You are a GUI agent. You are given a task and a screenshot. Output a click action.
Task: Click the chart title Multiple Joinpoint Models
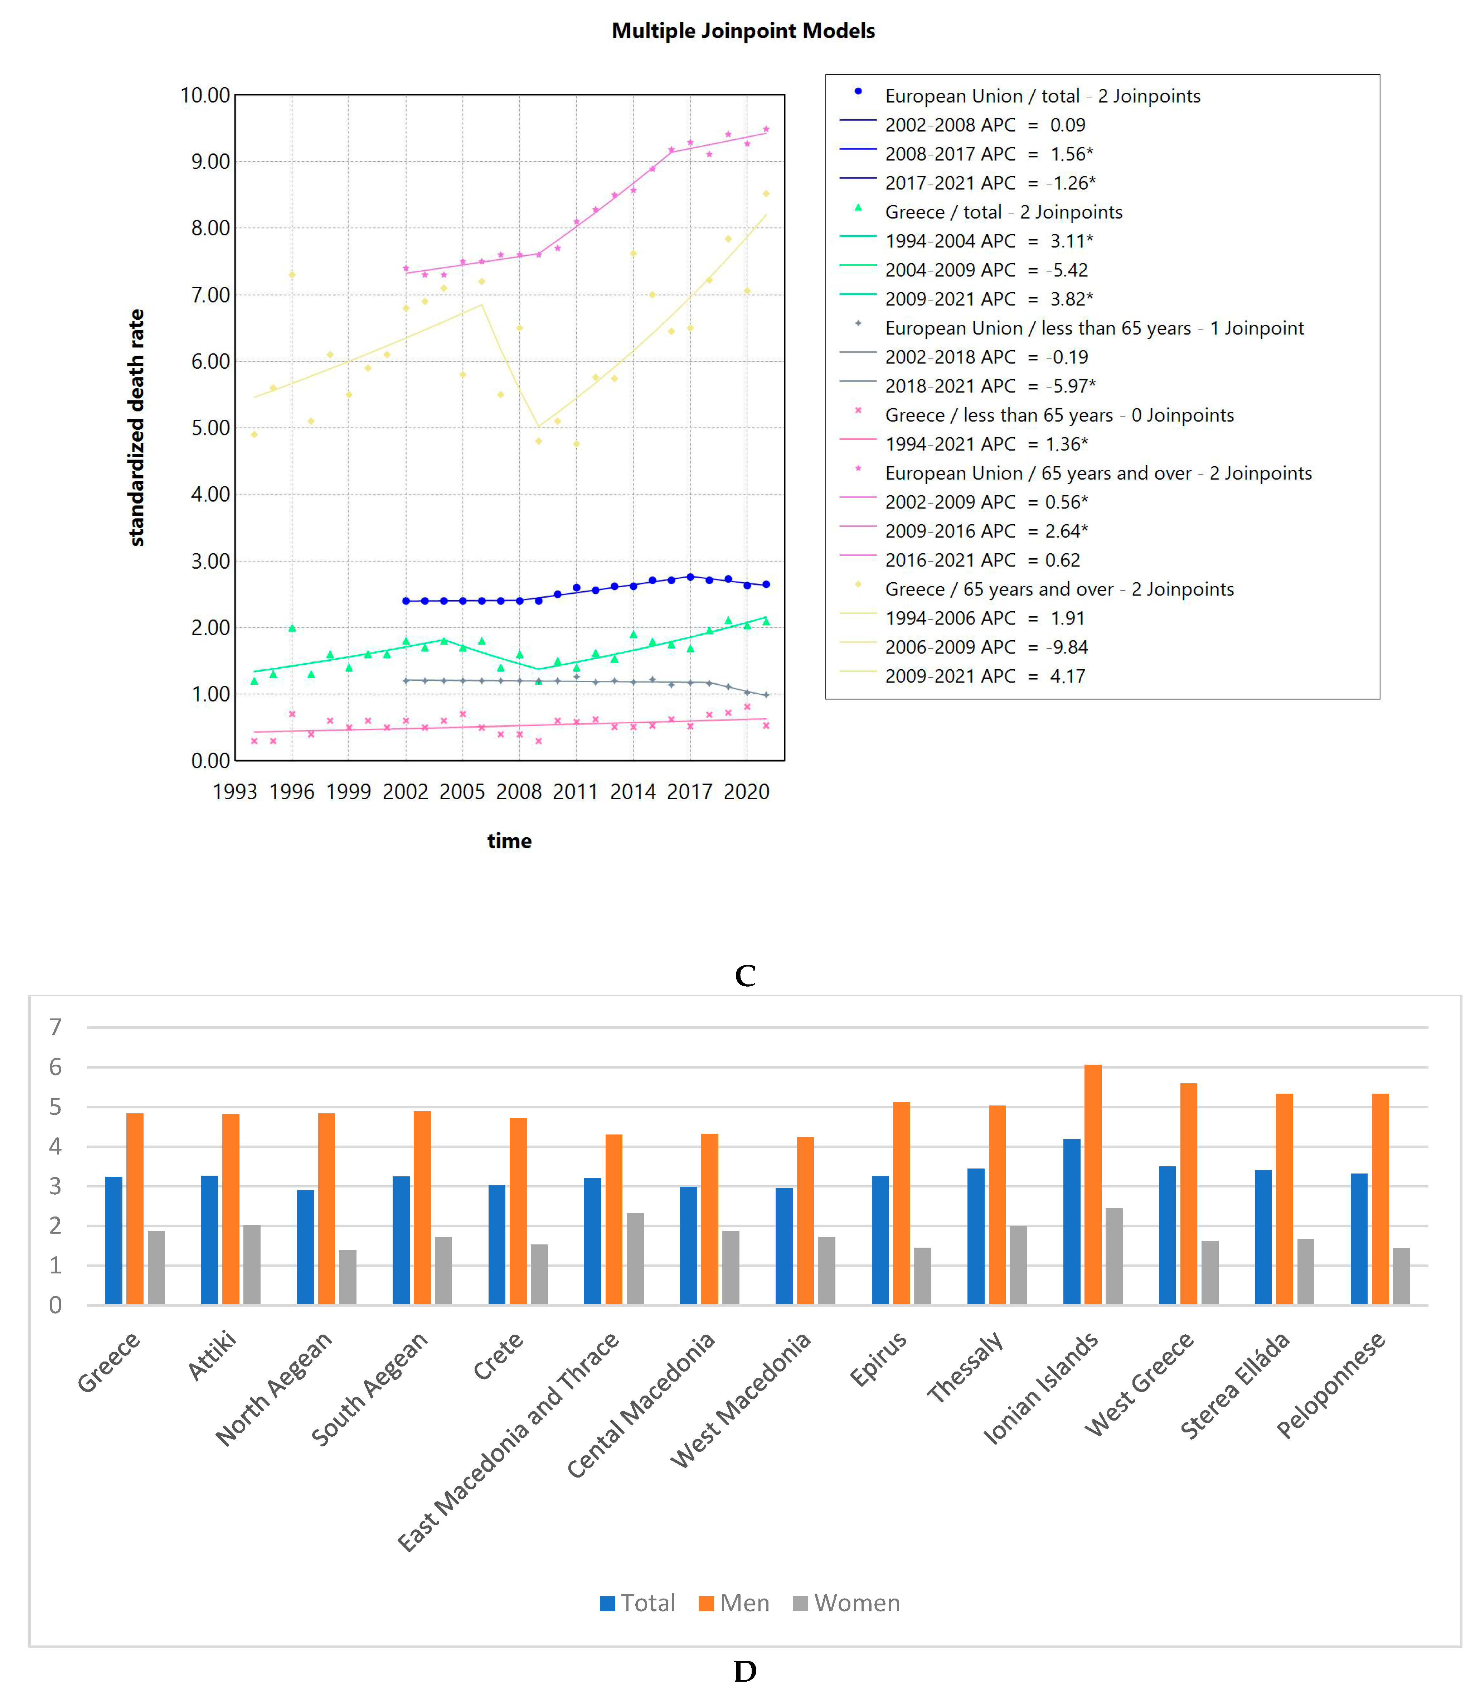tap(742, 32)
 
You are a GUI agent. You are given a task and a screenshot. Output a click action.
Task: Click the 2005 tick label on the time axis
tap(462, 791)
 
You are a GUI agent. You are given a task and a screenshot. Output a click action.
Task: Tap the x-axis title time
tap(509, 841)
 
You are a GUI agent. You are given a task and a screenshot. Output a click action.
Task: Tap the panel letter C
tap(744, 976)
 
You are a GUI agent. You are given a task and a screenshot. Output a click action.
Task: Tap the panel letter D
tap(744, 1671)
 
